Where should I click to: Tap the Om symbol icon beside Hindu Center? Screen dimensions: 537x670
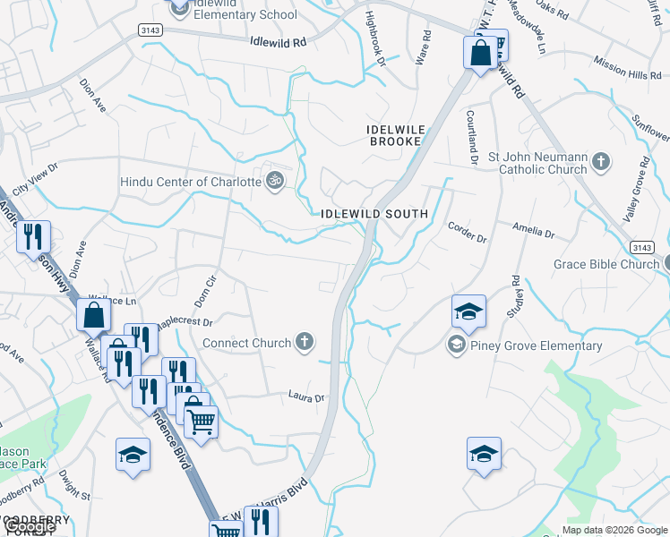tap(276, 182)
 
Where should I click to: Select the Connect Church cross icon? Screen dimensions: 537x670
tap(305, 342)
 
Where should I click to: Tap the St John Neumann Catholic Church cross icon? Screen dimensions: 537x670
tap(601, 162)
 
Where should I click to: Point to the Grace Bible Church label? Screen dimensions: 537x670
tap(606, 264)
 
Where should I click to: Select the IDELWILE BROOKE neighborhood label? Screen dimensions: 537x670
tap(394, 135)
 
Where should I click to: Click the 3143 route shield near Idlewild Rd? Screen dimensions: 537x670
tap(151, 30)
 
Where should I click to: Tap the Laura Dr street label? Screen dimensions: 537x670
tap(305, 396)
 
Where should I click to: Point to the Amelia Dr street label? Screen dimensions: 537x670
tap(534, 231)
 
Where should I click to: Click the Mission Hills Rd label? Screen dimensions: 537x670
tap(627, 70)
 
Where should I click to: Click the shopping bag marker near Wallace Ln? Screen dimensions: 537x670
tap(94, 315)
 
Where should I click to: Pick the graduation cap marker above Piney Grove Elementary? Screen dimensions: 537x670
tap(468, 312)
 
